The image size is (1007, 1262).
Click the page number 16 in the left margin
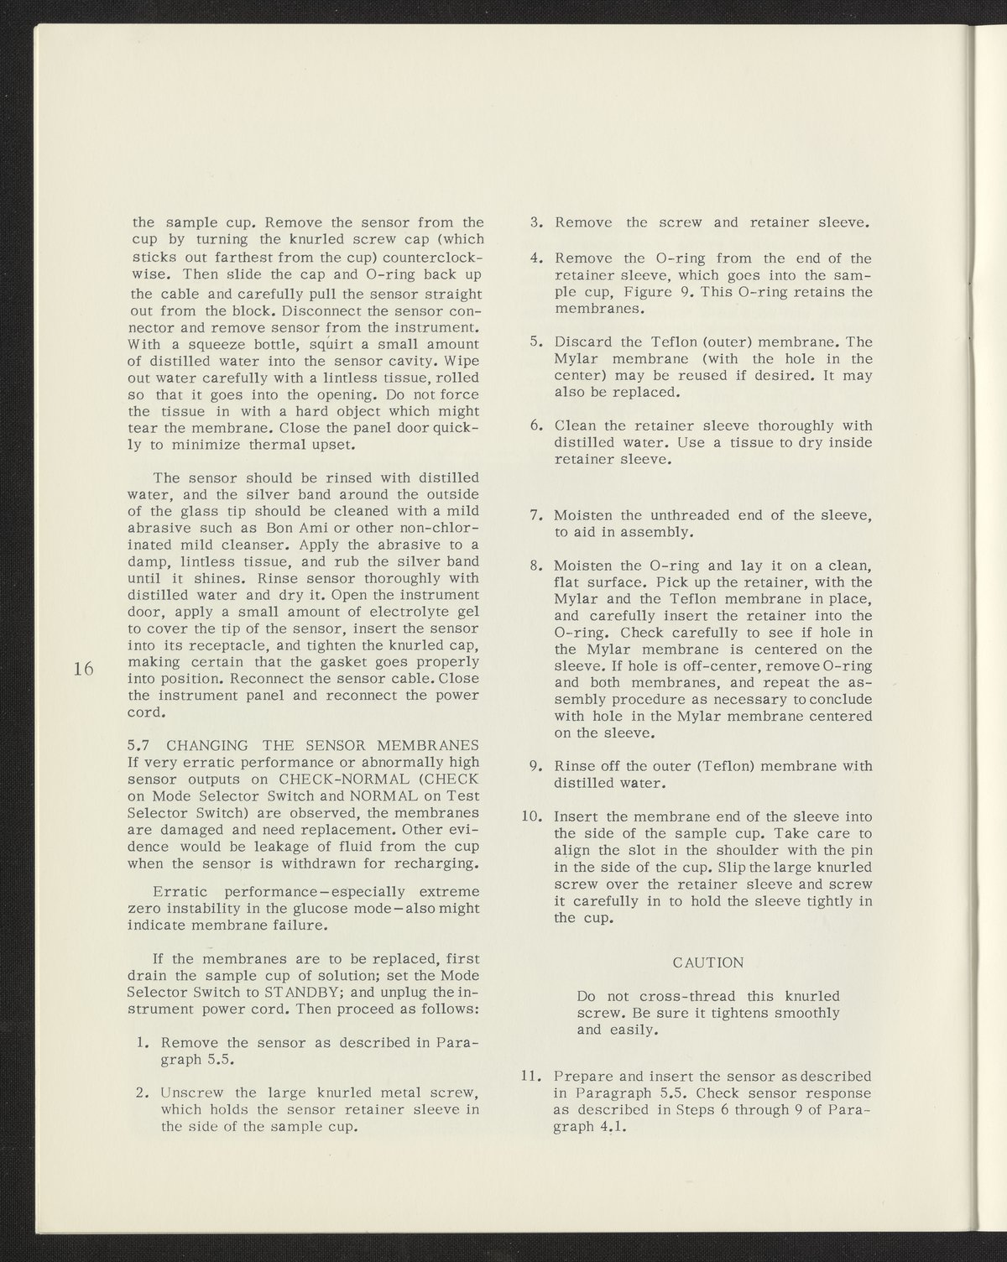(81, 668)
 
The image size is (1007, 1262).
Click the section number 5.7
(138, 745)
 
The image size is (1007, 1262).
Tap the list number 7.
(537, 515)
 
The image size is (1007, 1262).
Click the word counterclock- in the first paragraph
(427, 257)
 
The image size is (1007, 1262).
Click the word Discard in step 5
(584, 342)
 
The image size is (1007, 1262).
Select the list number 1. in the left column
(143, 1042)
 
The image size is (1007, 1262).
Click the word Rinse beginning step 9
(575, 766)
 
